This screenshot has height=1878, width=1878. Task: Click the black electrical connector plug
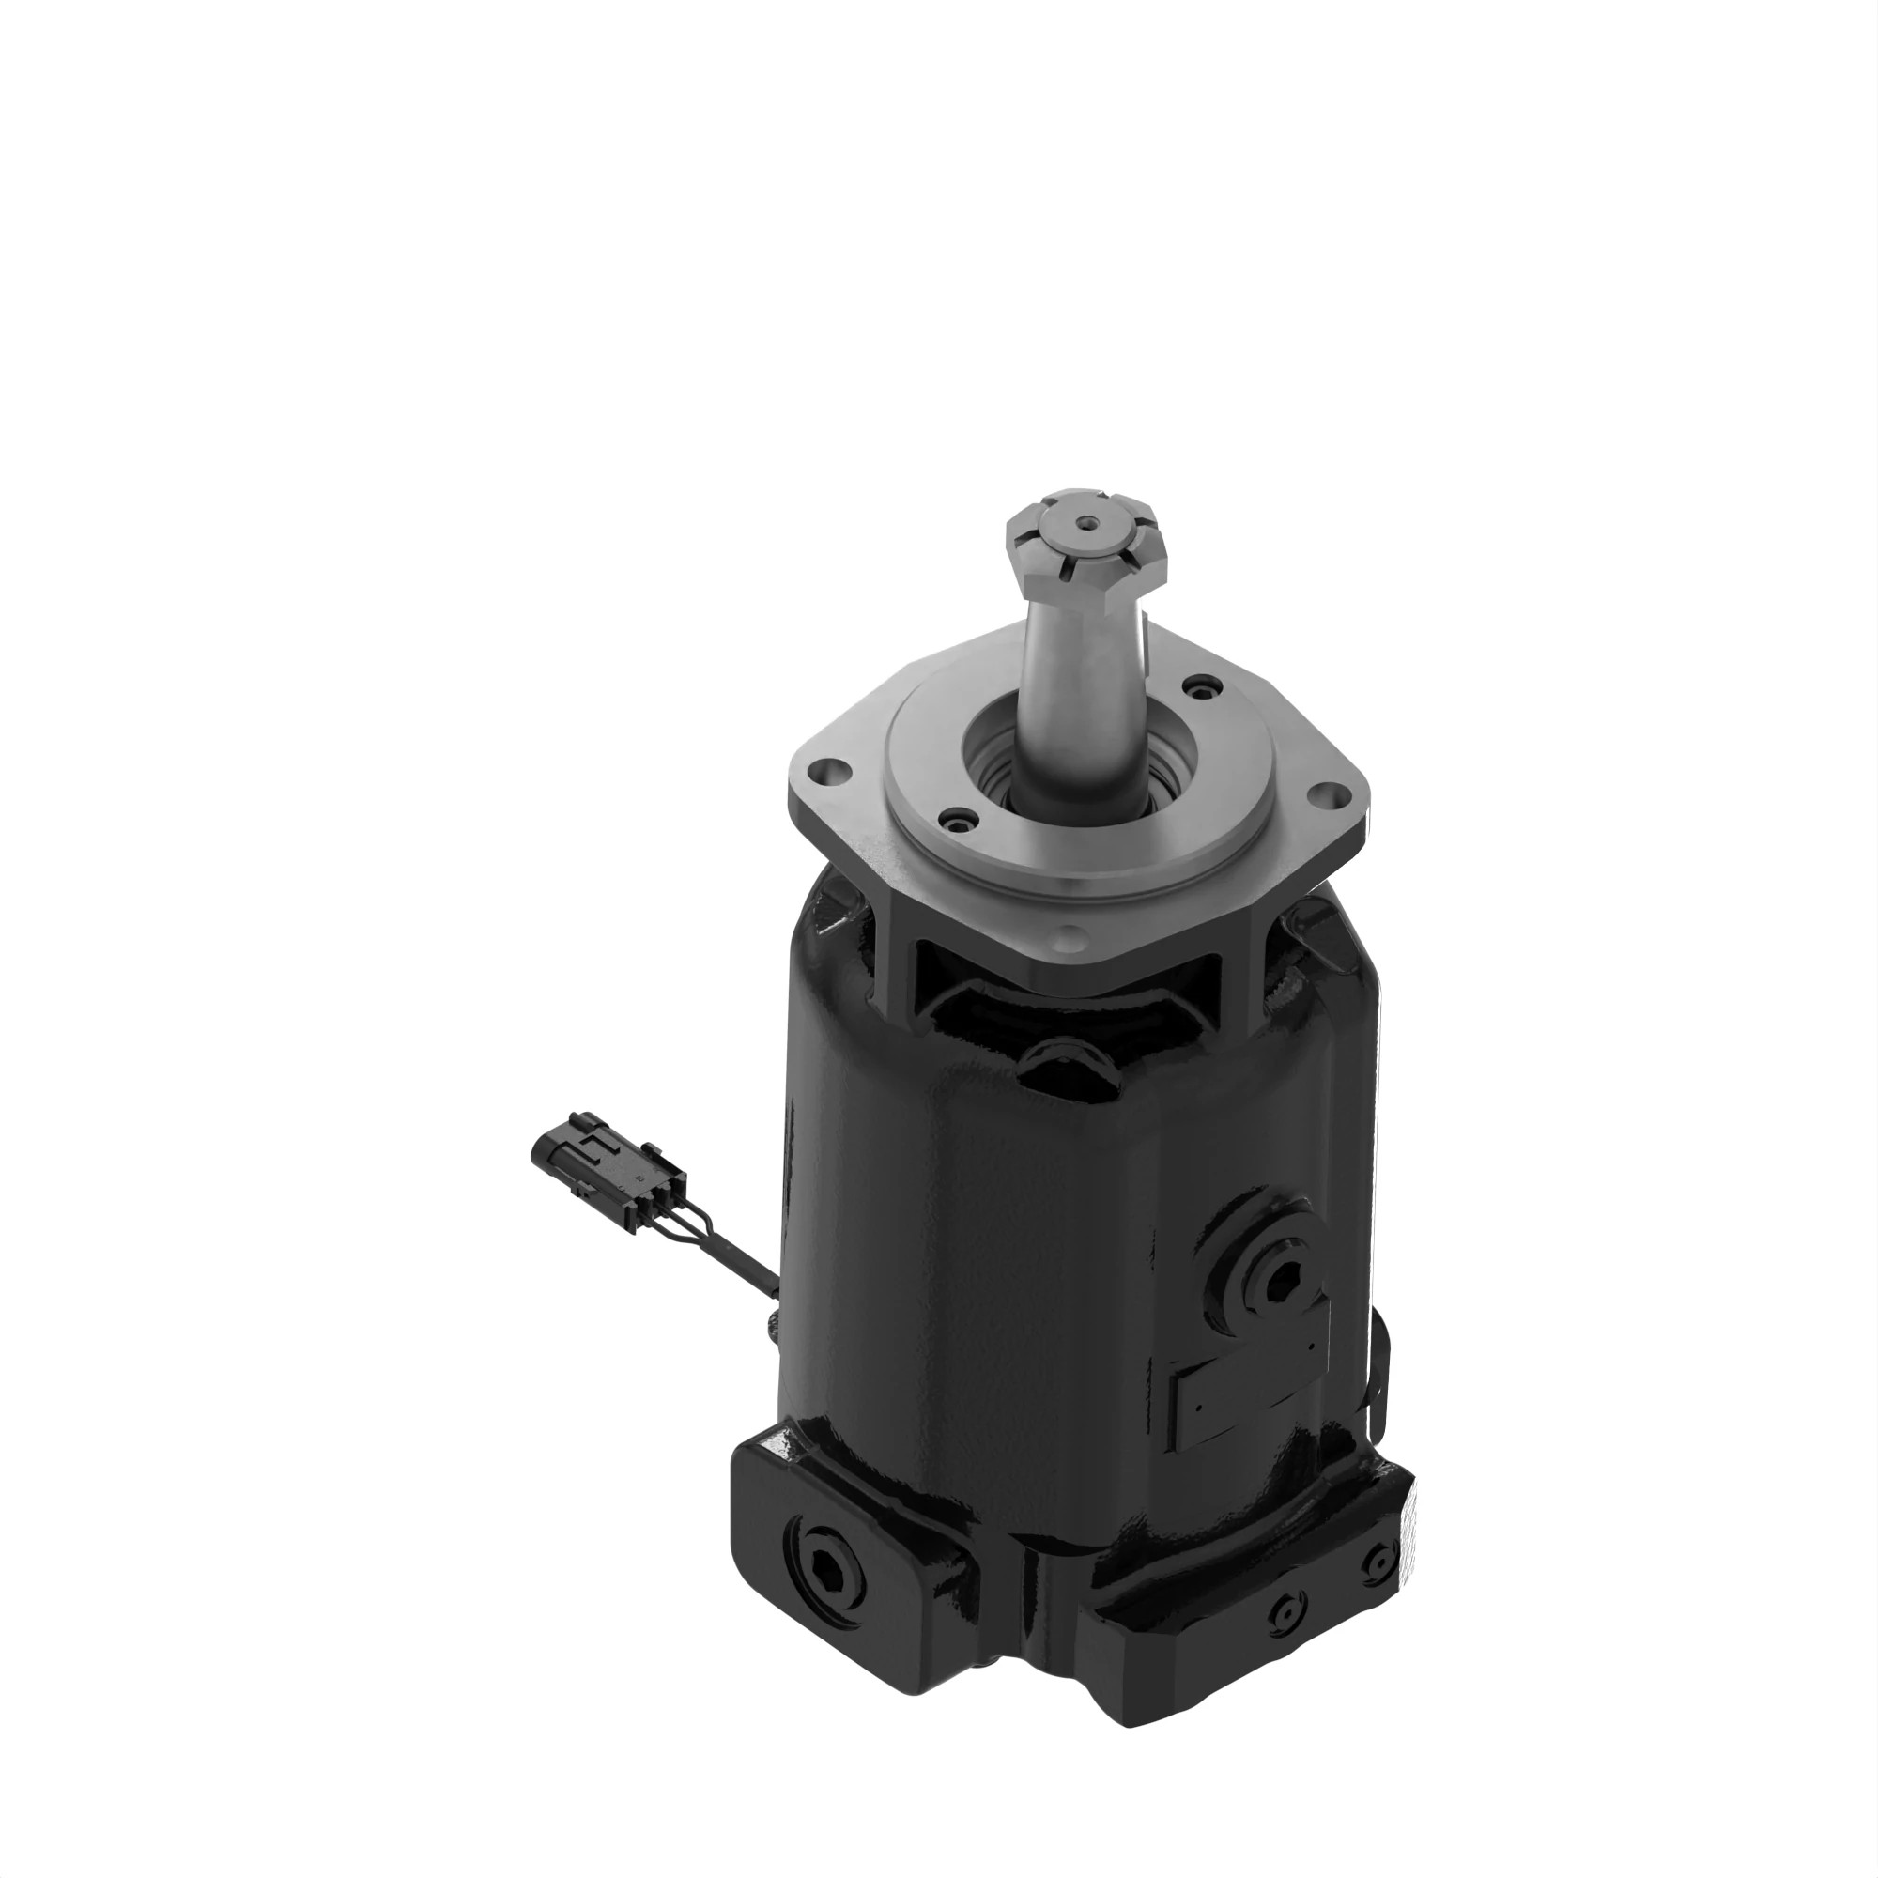[x=608, y=1166]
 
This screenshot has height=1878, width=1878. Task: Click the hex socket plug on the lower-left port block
[x=829, y=1569]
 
